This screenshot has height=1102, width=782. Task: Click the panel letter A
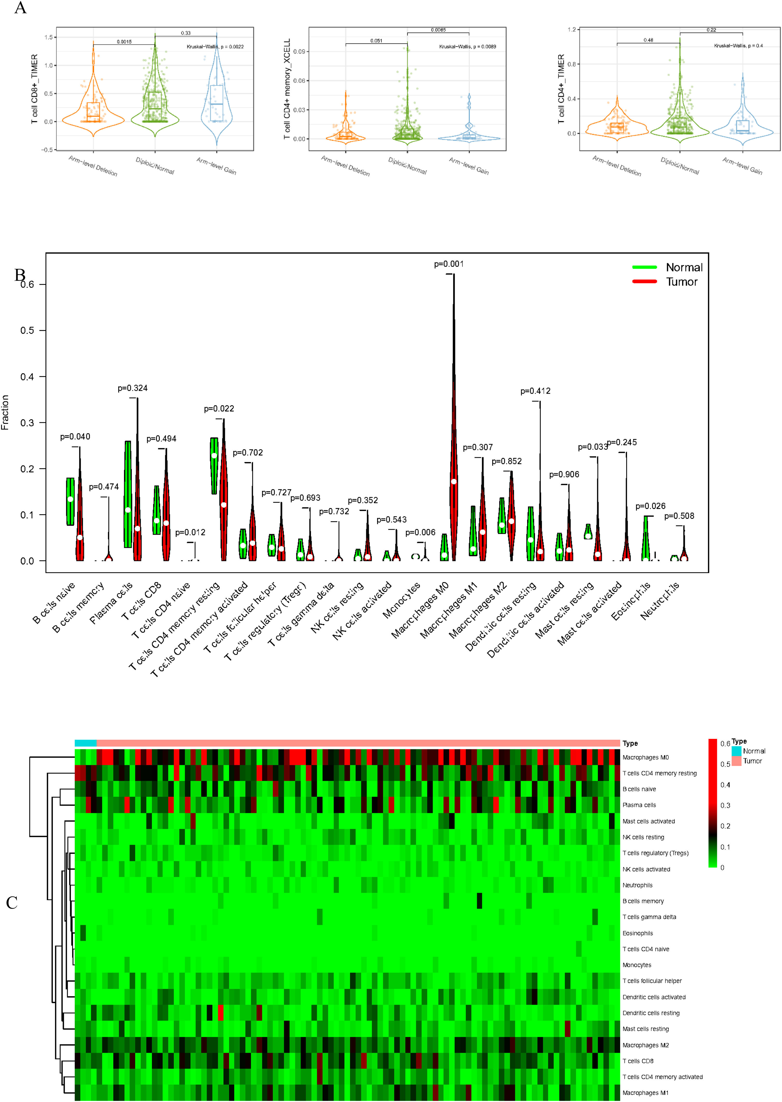tap(20, 8)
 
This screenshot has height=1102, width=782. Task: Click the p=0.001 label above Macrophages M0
tap(449, 264)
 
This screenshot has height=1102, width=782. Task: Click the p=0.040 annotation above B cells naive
tap(75, 437)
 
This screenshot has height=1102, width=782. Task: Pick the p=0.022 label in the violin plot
tap(219, 409)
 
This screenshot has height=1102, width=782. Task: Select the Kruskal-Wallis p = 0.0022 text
tap(215, 47)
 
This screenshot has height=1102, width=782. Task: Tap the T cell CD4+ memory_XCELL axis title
tap(287, 89)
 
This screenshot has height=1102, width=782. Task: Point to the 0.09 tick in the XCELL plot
tap(299, 52)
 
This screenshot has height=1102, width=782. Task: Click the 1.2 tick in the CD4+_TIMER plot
tap(572, 30)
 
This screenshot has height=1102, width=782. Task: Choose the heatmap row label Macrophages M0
tap(645, 758)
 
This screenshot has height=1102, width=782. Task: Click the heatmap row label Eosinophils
tap(638, 933)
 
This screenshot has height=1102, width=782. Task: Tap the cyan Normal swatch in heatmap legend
tap(736, 751)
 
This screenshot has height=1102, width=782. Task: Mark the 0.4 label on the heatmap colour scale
tap(725, 785)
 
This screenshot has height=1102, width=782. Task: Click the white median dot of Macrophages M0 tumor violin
tap(454, 482)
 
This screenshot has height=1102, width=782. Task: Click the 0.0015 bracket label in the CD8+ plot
tap(124, 42)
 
